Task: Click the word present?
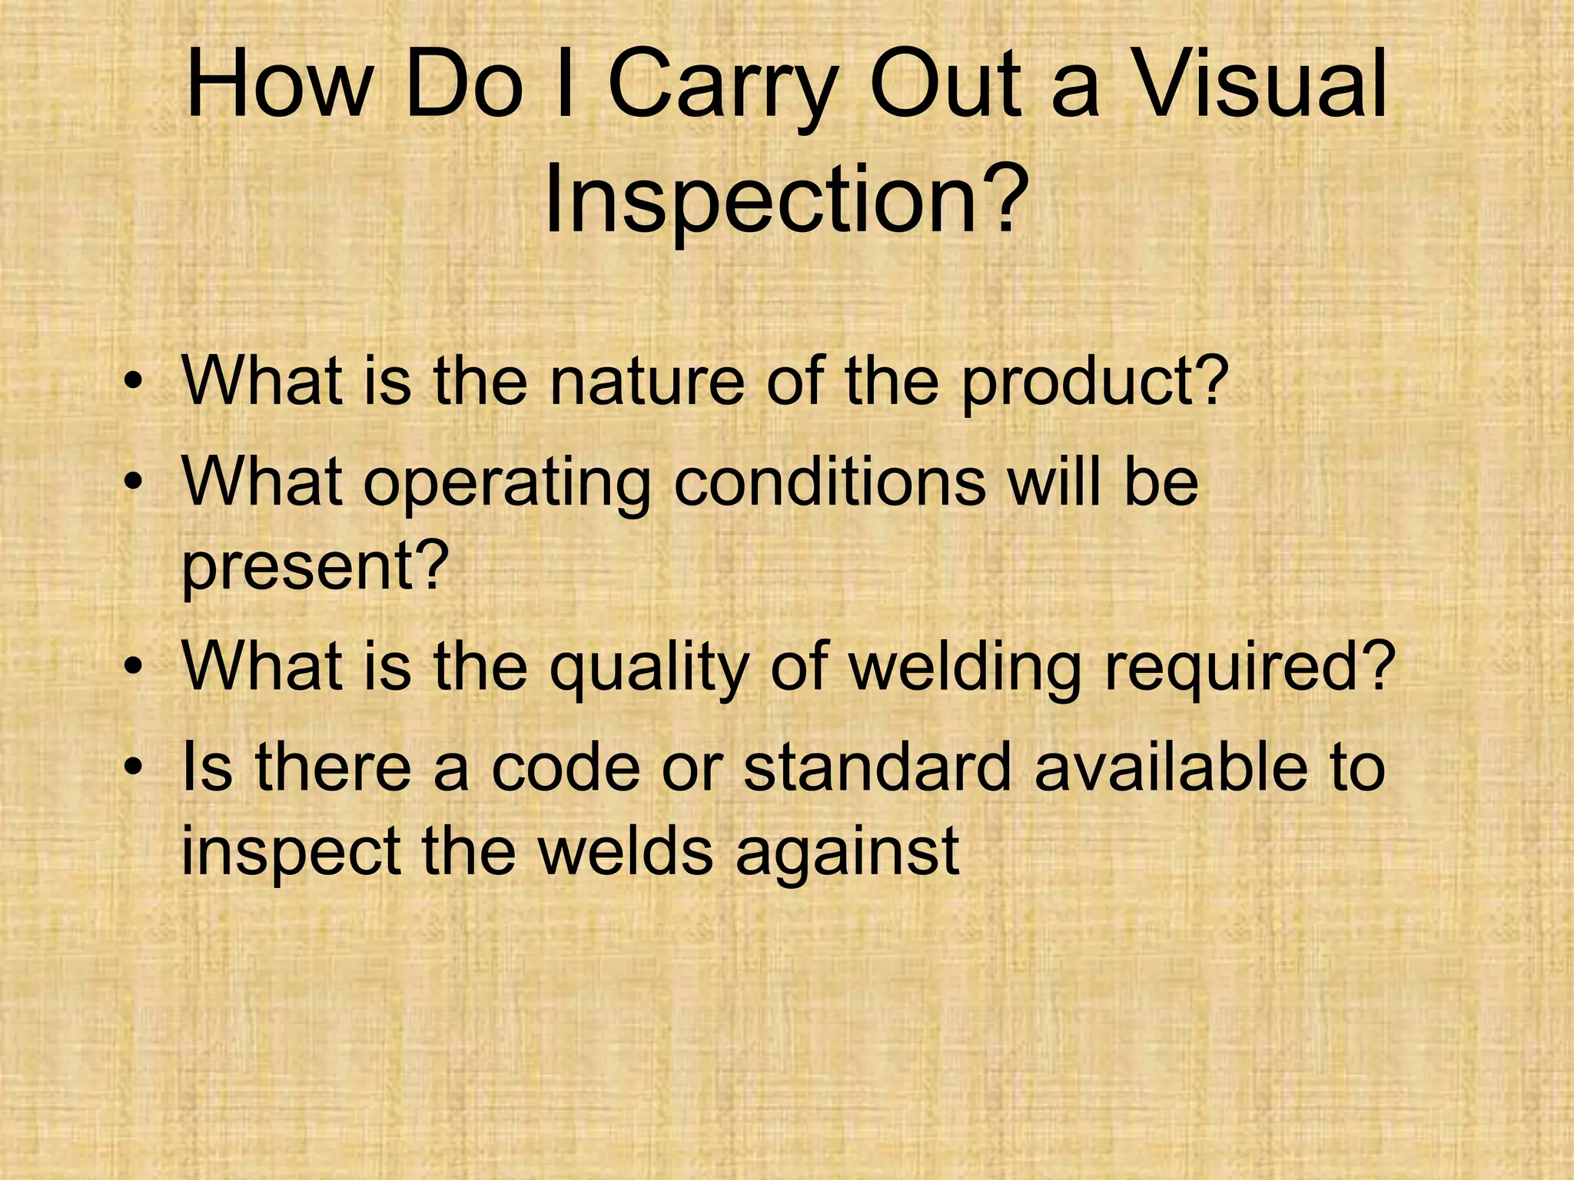point(314,566)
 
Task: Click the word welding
point(965,667)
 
